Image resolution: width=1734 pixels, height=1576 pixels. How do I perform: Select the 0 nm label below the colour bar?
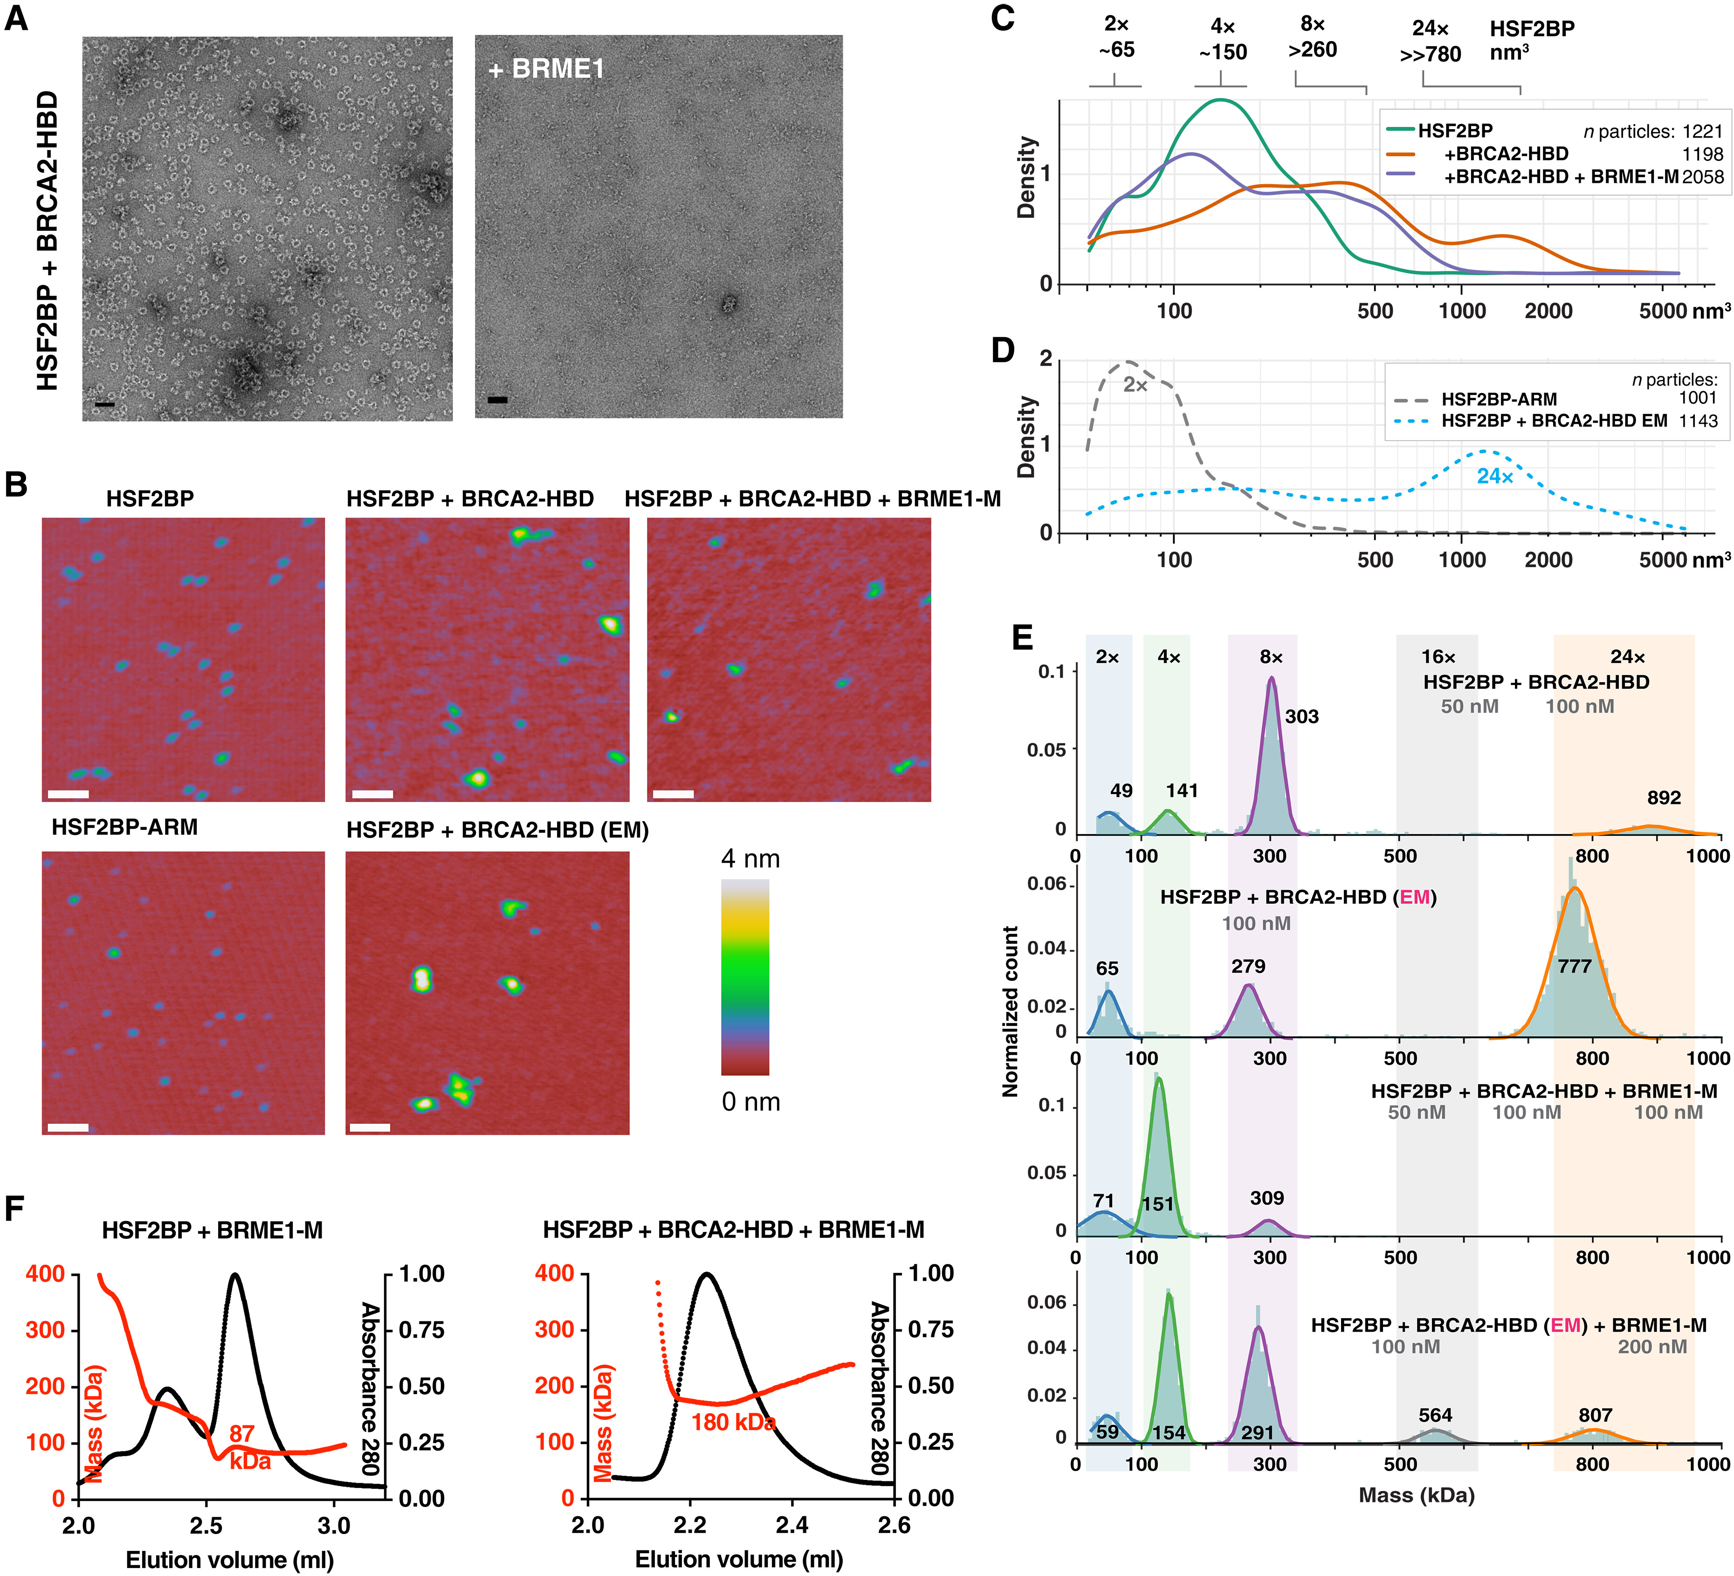pos(750,1101)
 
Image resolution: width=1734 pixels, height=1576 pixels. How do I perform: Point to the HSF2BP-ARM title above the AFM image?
pos(125,828)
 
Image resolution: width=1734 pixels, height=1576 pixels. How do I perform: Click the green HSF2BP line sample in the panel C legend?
pos(1400,130)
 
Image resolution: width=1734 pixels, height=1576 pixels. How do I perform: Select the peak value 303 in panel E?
pos(1301,717)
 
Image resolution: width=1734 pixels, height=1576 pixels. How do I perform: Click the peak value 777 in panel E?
pos(1575,966)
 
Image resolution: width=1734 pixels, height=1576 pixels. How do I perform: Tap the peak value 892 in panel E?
pos(1664,797)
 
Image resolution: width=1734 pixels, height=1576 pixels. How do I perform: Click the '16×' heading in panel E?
pos(1438,657)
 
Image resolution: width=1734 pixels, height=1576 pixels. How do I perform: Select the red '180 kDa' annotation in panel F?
pos(733,1422)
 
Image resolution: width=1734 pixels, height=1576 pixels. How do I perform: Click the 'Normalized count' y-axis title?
pos(1011,1011)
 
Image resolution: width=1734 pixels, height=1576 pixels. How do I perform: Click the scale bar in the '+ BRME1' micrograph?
pos(497,399)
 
